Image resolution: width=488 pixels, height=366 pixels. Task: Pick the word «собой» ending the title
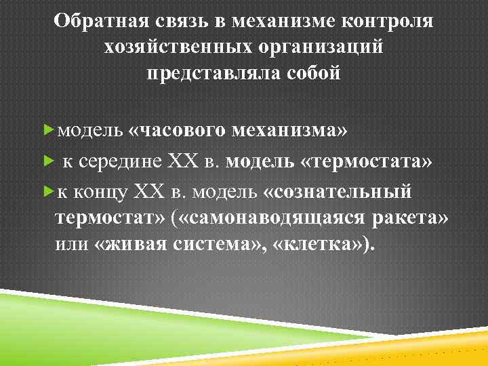[x=312, y=73]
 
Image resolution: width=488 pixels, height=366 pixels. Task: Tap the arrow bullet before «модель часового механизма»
[x=47, y=129]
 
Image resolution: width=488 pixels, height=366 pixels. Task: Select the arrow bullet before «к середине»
[x=47, y=161]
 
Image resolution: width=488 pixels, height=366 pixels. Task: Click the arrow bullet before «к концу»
[x=47, y=192]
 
